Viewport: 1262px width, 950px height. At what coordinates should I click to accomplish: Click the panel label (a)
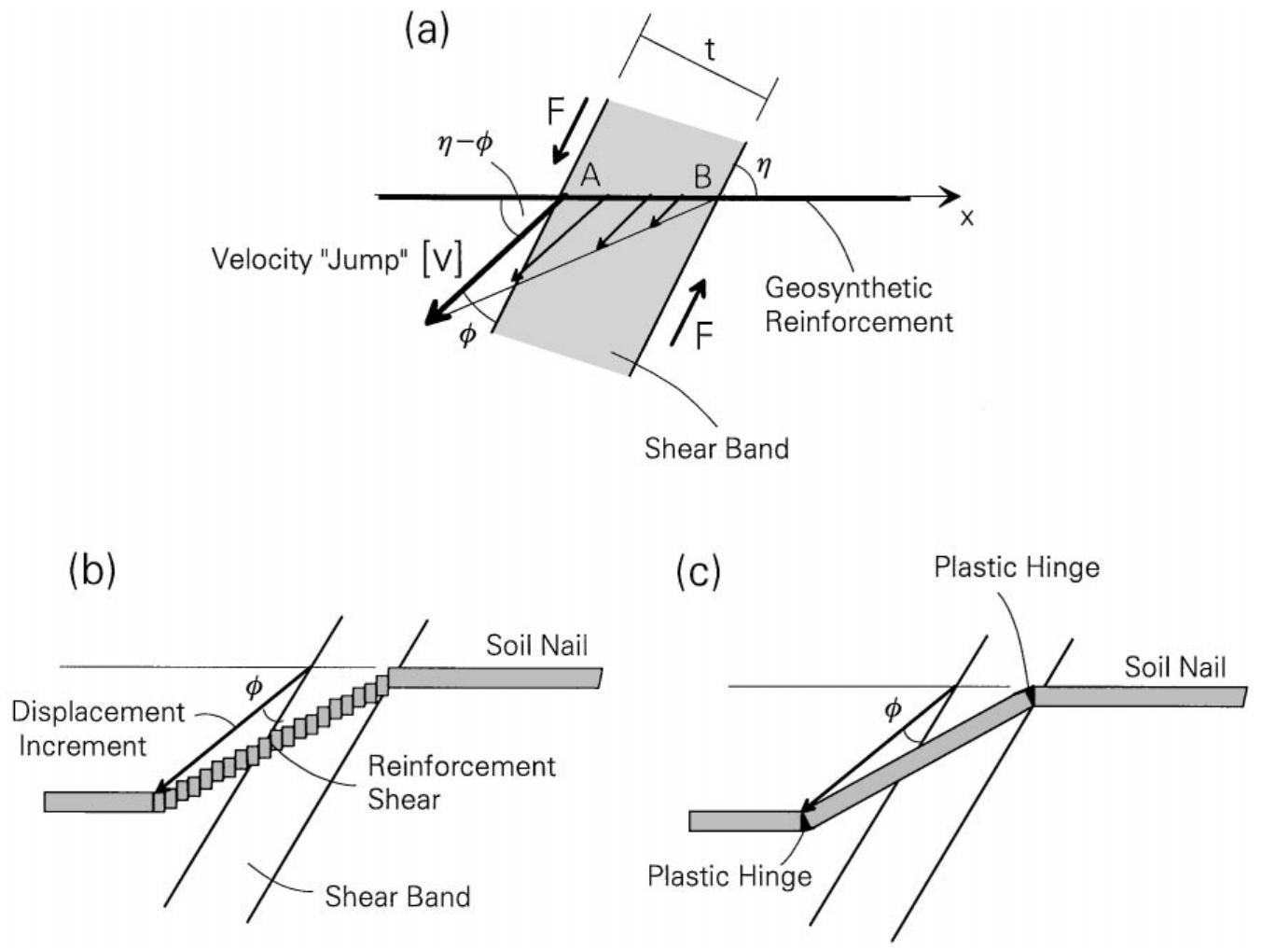pyautogui.click(x=426, y=32)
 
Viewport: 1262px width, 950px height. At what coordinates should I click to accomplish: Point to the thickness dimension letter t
pyautogui.click(x=710, y=49)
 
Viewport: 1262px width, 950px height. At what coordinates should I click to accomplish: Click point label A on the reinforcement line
pyautogui.click(x=589, y=175)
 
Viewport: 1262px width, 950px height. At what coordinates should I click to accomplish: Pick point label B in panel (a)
pyautogui.click(x=701, y=175)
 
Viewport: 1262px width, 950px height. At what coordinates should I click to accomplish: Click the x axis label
pyautogui.click(x=967, y=217)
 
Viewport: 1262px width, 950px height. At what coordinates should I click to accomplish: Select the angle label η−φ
pyautogui.click(x=465, y=145)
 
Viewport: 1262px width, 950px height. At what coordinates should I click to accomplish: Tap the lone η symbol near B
pyautogui.click(x=765, y=168)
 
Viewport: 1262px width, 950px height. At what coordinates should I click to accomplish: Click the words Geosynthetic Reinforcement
pyautogui.click(x=858, y=304)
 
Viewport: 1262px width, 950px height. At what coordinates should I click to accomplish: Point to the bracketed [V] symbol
pyautogui.click(x=442, y=258)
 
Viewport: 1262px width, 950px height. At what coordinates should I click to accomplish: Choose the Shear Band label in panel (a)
pyautogui.click(x=716, y=448)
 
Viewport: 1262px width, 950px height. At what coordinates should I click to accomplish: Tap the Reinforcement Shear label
pyautogui.click(x=461, y=782)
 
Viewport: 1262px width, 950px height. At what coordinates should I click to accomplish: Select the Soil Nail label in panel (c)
pyautogui.click(x=1174, y=666)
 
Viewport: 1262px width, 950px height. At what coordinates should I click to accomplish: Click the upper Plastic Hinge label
pyautogui.click(x=1016, y=567)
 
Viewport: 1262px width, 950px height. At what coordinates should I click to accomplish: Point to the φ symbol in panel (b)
pyautogui.click(x=253, y=689)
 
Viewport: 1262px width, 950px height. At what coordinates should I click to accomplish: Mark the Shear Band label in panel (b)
pyautogui.click(x=397, y=897)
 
